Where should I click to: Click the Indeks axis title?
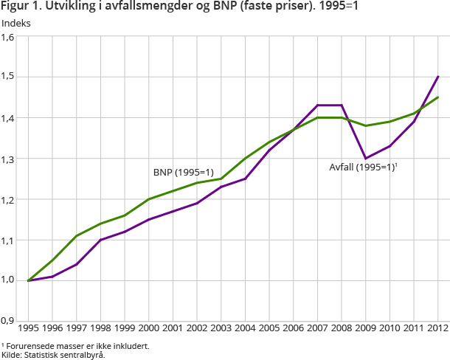[17, 23]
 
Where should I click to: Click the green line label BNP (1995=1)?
[183, 172]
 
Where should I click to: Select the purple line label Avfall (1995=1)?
[363, 167]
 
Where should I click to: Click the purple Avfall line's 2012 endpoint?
[438, 77]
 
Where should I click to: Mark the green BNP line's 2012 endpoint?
[438, 97]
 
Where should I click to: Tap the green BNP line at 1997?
[76, 236]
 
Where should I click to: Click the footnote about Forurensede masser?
[65, 345]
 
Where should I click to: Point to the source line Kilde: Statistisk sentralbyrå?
[53, 354]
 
